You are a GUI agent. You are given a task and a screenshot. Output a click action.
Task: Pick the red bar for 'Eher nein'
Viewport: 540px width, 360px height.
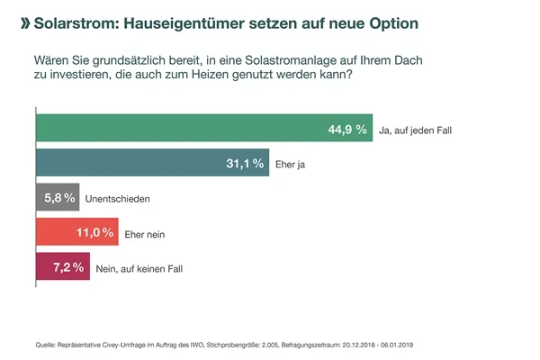click(x=76, y=233)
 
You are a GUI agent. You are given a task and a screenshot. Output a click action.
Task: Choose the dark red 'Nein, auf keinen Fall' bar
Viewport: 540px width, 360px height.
click(x=62, y=267)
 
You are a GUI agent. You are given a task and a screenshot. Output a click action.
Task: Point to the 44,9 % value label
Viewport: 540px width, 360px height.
click(x=347, y=130)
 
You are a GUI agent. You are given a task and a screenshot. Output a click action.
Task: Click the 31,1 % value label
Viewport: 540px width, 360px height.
click(x=244, y=164)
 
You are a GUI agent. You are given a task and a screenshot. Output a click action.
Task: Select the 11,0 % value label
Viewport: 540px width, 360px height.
click(x=94, y=233)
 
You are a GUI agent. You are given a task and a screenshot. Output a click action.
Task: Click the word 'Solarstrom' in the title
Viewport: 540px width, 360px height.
click(x=74, y=19)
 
